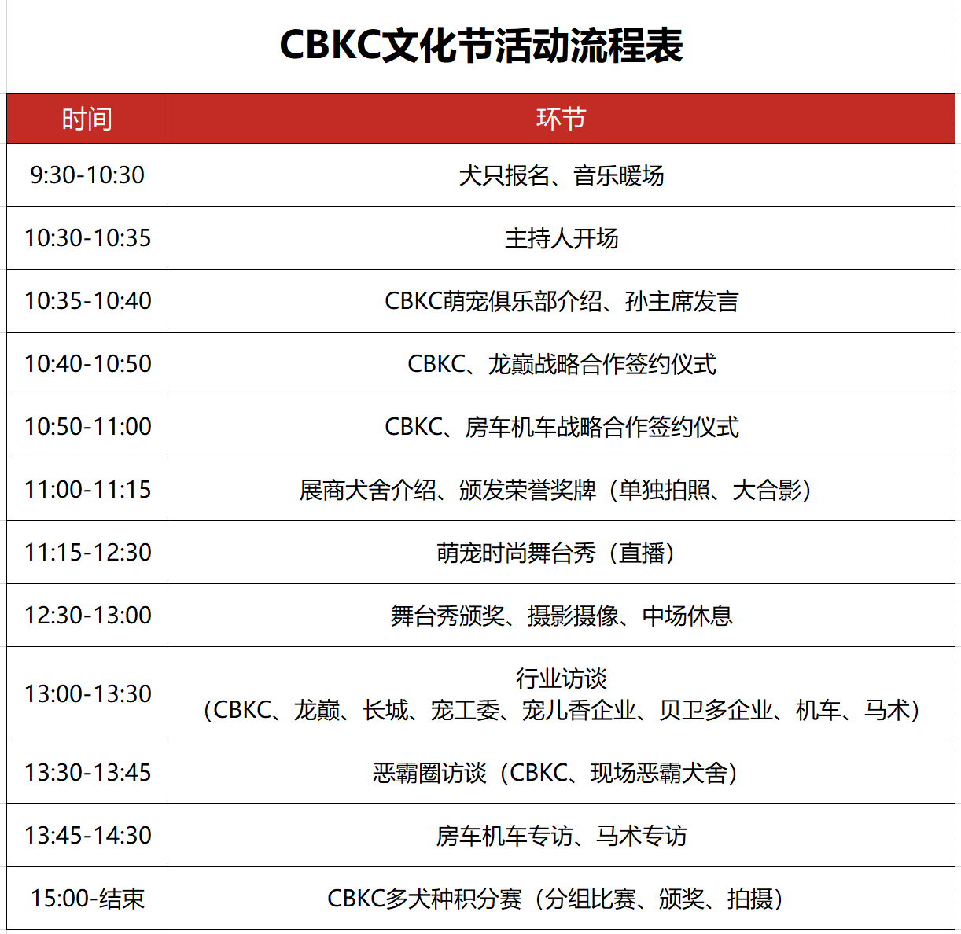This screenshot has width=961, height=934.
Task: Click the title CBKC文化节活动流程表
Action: coord(481,46)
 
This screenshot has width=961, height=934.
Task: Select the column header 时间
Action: coord(87,119)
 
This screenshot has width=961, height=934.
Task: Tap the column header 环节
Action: coord(561,119)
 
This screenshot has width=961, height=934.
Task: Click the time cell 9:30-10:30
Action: coord(87,175)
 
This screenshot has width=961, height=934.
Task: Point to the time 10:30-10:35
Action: coord(87,238)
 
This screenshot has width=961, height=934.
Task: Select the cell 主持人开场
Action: coord(561,238)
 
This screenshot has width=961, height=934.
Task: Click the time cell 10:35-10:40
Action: coord(87,300)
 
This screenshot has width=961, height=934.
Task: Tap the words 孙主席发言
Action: coord(682,301)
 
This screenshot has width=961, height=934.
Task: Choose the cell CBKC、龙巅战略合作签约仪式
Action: coord(561,364)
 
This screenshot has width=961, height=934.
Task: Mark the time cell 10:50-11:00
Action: coord(87,427)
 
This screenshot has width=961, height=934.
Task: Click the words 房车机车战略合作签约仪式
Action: coord(602,427)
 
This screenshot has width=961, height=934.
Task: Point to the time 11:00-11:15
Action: coord(87,490)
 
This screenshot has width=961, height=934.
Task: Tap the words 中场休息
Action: coord(687,616)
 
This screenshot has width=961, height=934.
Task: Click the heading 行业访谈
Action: coord(561,678)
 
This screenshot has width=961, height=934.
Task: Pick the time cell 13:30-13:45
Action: coord(87,773)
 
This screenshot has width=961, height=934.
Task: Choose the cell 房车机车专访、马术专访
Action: coord(561,836)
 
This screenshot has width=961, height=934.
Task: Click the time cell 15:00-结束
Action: coord(87,899)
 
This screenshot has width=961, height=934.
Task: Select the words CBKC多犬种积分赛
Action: coord(425,899)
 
